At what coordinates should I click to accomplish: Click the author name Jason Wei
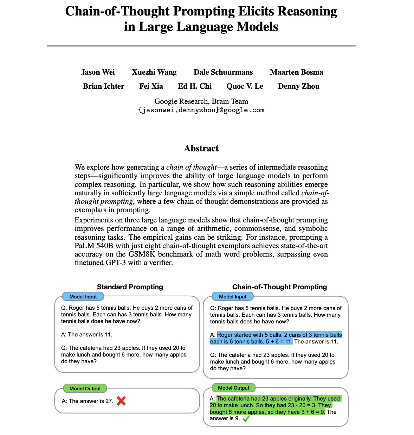tap(98, 72)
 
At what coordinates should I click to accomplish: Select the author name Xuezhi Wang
tap(154, 72)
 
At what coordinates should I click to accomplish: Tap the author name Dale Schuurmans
tap(223, 72)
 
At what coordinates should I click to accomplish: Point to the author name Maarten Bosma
tap(297, 72)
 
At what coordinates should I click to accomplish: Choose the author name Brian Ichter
tap(104, 86)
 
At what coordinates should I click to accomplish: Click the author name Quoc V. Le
tap(245, 86)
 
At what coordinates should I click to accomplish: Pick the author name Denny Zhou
tap(299, 86)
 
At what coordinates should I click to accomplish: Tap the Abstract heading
tap(201, 149)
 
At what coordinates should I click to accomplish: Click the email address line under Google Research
tap(201, 110)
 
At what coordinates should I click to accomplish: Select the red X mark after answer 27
tap(121, 401)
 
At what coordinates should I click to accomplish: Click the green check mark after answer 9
tap(246, 418)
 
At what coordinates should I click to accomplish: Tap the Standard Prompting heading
tap(130, 287)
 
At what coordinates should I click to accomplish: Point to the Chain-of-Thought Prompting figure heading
tap(279, 287)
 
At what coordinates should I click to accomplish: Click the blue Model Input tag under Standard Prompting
tap(83, 297)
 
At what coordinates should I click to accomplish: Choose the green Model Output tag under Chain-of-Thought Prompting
tap(234, 388)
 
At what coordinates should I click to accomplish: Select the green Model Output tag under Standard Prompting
tap(85, 389)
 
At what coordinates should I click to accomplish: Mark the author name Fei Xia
tap(151, 86)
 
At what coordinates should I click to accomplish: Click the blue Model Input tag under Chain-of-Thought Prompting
tap(233, 297)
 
